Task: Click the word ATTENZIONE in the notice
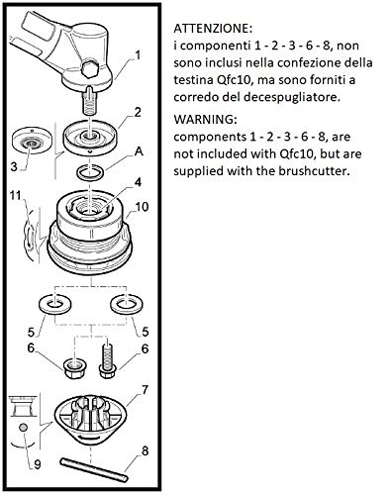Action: click(x=213, y=28)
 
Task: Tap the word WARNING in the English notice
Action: click(x=205, y=119)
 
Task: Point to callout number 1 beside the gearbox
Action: click(x=138, y=54)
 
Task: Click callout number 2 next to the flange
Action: click(x=138, y=112)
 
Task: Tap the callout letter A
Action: click(x=140, y=151)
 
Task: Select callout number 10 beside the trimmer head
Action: click(x=142, y=207)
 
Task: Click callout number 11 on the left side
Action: click(x=16, y=195)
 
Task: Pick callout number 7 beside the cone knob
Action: click(x=145, y=390)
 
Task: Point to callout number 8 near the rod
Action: click(x=146, y=450)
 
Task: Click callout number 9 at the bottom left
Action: click(x=38, y=464)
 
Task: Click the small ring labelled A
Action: click(x=90, y=172)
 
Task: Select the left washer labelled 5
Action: click(x=54, y=304)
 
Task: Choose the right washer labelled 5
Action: click(x=127, y=304)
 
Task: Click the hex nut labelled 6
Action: click(x=74, y=368)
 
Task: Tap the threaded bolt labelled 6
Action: click(x=107, y=360)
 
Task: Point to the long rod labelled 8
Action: click(x=94, y=470)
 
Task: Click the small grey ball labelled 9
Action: click(x=24, y=428)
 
